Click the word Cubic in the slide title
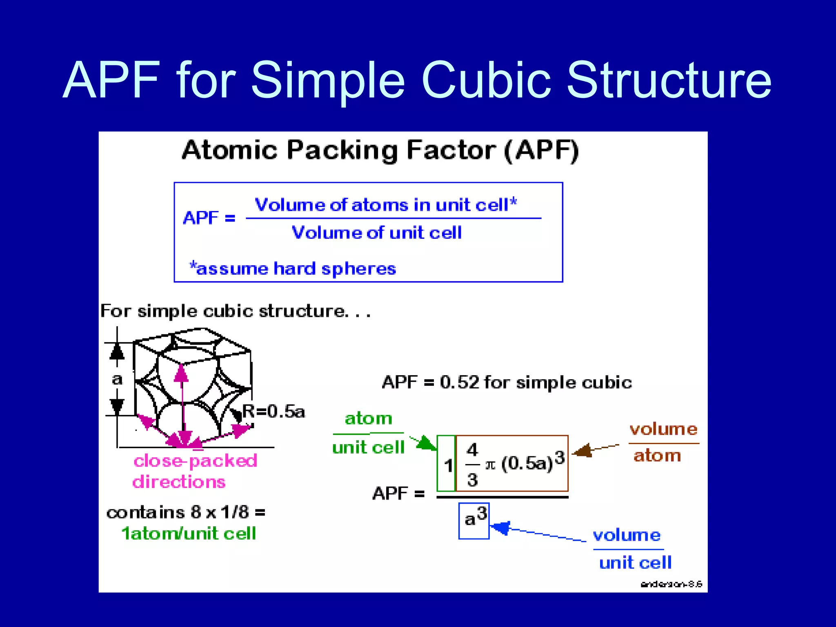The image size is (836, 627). point(486,80)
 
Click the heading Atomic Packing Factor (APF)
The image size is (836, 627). point(380,150)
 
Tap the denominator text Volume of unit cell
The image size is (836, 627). point(376,233)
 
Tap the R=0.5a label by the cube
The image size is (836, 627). point(273,411)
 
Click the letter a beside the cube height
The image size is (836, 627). point(117,379)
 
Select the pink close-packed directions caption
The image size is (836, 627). point(195,471)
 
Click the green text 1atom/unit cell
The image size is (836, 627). point(189,534)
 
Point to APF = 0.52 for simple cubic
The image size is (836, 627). point(507,382)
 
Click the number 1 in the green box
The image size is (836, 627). point(448,465)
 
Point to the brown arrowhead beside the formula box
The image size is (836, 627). point(583,451)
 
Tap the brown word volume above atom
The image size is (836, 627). point(663,429)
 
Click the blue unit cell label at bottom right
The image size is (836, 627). point(635,563)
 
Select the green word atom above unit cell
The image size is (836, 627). point(368,418)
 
